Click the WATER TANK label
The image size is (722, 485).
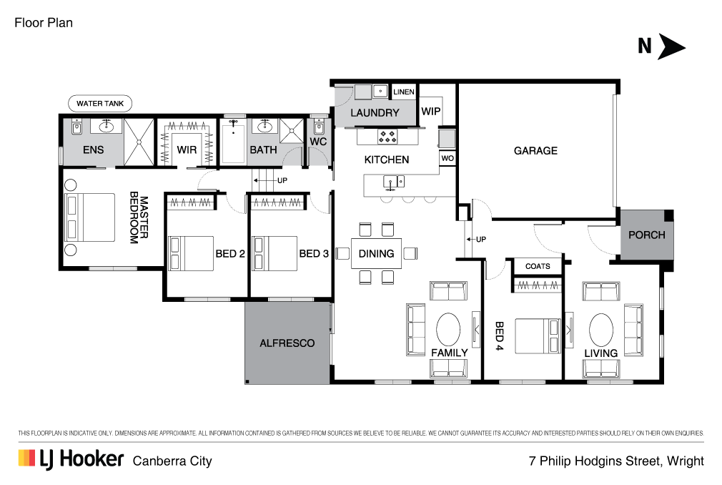tap(100, 103)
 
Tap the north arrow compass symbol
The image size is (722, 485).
tap(662, 46)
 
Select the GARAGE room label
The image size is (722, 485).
tap(535, 151)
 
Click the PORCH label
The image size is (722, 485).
tap(646, 235)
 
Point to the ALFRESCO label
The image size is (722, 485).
tap(287, 343)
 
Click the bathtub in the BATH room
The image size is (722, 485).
tap(233, 141)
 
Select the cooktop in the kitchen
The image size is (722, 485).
tap(387, 137)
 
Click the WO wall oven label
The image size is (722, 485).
tap(447, 158)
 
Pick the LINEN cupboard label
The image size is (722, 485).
tap(403, 92)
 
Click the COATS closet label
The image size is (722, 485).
tap(538, 266)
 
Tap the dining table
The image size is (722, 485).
tap(376, 253)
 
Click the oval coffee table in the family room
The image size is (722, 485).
tap(448, 330)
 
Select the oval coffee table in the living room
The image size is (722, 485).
tap(601, 330)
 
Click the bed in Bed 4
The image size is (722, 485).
tap(538, 335)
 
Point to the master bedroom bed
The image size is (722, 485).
tap(90, 217)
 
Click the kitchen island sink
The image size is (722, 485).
tap(394, 182)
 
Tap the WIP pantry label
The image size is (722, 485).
tap(430, 111)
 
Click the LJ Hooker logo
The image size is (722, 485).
tap(71, 460)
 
